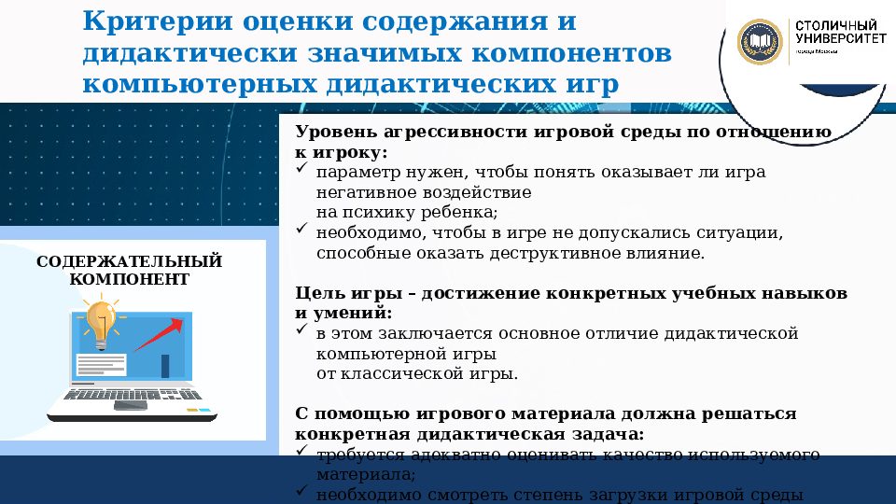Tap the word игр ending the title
[591, 85]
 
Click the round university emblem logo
[760, 41]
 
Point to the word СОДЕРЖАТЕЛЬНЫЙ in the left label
[129, 260]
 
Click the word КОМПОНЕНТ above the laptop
[129, 279]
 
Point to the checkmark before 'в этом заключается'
[301, 332]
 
